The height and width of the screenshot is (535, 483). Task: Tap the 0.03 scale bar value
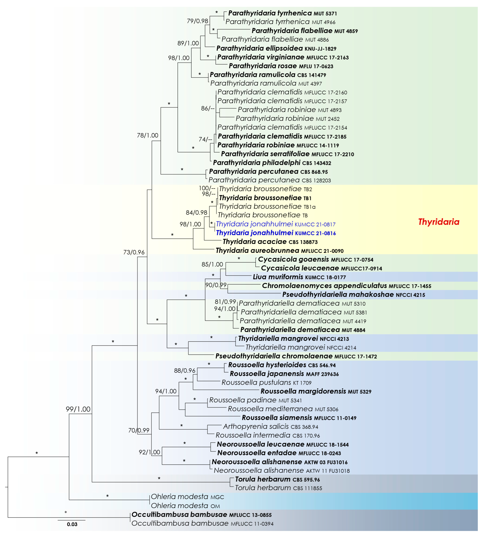(x=72, y=524)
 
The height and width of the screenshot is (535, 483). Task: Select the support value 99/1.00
(x=78, y=409)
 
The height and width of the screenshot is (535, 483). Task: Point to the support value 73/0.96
(x=134, y=252)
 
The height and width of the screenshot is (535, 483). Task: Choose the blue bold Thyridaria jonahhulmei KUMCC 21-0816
(x=276, y=233)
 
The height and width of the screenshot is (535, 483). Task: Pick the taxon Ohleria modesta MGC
(x=187, y=497)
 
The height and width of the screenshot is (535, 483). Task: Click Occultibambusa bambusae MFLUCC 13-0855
(x=202, y=515)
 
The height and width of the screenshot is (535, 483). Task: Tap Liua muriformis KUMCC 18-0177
(x=299, y=277)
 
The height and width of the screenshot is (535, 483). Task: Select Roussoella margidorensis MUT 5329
(x=316, y=391)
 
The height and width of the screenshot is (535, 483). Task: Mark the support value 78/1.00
(x=147, y=135)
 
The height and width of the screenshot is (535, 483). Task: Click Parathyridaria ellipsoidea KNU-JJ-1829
(x=276, y=48)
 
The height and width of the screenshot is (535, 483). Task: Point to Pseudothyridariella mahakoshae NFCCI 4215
(x=353, y=295)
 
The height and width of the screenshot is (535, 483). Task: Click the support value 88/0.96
(x=185, y=371)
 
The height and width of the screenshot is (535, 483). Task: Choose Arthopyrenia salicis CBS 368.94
(x=270, y=426)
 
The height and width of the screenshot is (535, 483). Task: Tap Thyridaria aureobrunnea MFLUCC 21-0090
(x=279, y=250)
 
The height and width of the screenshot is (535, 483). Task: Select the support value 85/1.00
(x=212, y=264)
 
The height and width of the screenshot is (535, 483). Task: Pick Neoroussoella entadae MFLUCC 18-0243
(x=279, y=453)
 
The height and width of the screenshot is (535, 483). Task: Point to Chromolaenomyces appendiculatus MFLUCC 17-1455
(x=346, y=286)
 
